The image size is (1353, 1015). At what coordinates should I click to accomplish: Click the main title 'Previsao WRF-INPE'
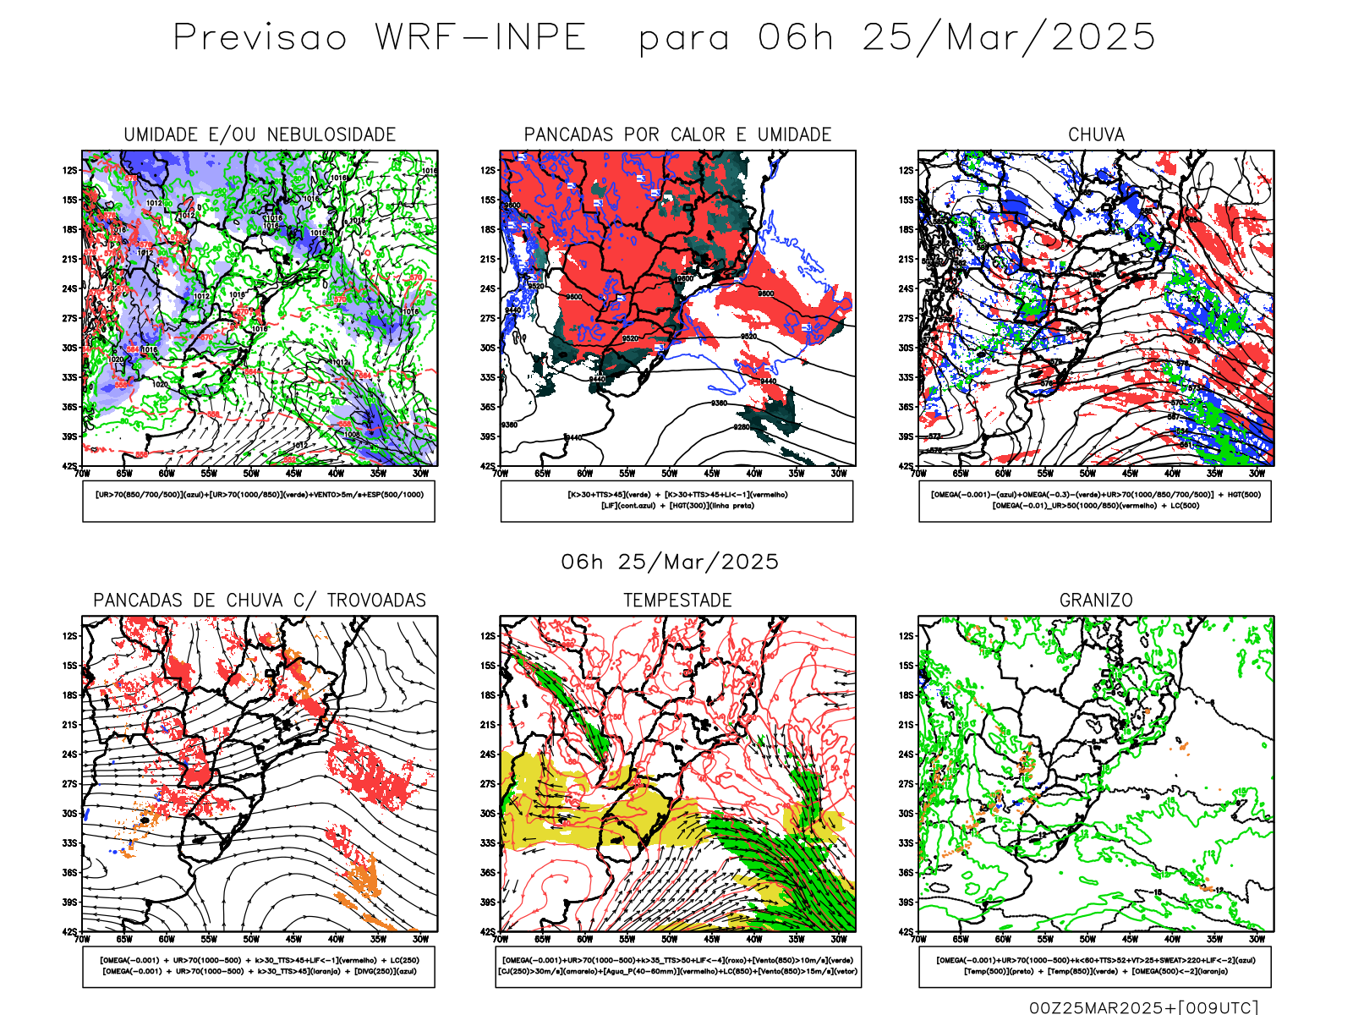380,38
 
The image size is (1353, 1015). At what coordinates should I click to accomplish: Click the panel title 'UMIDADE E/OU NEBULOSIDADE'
260,134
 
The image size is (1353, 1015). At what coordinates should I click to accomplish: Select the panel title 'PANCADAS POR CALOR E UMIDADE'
677,134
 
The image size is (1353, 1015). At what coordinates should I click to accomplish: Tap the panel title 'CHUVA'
1096,134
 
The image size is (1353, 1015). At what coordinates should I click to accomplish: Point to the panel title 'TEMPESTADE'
677,601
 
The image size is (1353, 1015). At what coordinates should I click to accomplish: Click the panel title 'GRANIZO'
1096,601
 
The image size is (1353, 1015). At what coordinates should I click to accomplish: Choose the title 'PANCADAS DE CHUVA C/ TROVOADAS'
260,601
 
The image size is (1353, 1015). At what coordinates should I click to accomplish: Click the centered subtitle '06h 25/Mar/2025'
670,562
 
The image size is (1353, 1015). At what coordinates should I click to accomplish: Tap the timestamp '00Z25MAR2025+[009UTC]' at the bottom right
1143,1007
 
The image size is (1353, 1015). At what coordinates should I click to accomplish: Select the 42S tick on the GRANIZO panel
907,932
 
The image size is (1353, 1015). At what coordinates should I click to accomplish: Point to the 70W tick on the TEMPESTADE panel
501,939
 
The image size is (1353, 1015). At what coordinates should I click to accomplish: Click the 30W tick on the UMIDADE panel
420,474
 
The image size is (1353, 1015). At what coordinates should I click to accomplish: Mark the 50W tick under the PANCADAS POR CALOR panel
670,474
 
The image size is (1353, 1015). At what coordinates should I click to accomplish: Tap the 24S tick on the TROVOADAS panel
69,754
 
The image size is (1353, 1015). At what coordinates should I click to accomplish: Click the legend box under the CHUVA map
1095,501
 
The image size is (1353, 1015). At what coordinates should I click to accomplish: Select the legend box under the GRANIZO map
1095,966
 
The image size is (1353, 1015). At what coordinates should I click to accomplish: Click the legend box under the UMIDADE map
259,501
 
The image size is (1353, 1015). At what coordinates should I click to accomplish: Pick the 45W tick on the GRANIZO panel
1130,939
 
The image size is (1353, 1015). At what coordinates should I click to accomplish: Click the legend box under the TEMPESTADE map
678,966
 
